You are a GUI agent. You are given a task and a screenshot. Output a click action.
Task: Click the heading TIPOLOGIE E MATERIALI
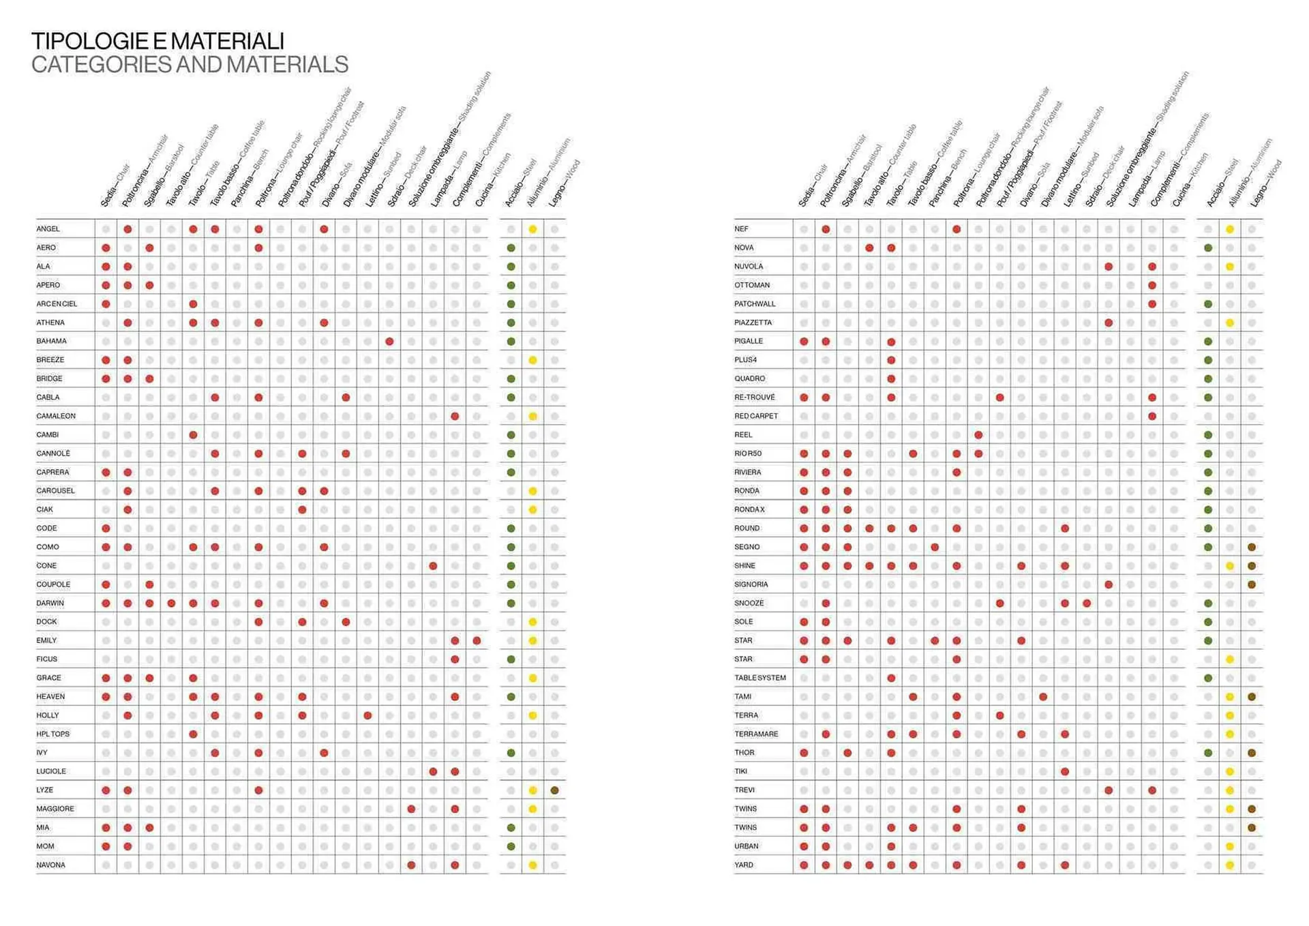pos(157,41)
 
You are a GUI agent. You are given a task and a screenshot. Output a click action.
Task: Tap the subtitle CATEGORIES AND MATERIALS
pos(190,65)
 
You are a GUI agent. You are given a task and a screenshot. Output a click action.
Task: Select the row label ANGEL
pos(48,229)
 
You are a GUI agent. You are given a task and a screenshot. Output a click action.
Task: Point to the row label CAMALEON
pos(56,416)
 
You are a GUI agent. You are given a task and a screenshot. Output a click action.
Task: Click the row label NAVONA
pos(50,865)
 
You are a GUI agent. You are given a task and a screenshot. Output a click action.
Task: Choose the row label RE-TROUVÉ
pos(754,398)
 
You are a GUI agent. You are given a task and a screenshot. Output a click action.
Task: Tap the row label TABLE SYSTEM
pos(759,678)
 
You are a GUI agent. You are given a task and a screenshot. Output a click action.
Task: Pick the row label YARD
pos(743,865)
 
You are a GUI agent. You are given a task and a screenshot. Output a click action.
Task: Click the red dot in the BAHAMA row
pos(389,342)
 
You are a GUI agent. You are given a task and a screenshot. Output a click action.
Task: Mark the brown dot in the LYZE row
pos(554,790)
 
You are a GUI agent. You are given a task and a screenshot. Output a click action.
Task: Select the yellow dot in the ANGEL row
pos(532,229)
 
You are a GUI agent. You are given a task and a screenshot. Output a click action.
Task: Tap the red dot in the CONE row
pos(433,566)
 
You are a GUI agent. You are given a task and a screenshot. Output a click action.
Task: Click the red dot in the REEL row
pos(978,435)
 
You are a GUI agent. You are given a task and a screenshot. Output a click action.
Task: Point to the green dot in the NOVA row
pos(1207,248)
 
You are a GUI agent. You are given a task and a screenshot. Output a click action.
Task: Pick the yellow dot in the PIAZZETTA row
pos(1229,323)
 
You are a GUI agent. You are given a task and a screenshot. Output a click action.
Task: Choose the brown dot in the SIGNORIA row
pos(1251,584)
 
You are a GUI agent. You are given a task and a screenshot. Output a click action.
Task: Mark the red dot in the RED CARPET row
pos(1152,416)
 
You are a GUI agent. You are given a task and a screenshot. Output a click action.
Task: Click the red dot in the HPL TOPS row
pos(193,734)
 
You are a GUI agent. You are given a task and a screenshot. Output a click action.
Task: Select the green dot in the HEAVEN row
pos(511,697)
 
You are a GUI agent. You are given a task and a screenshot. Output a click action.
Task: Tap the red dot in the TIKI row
pos(1065,772)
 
